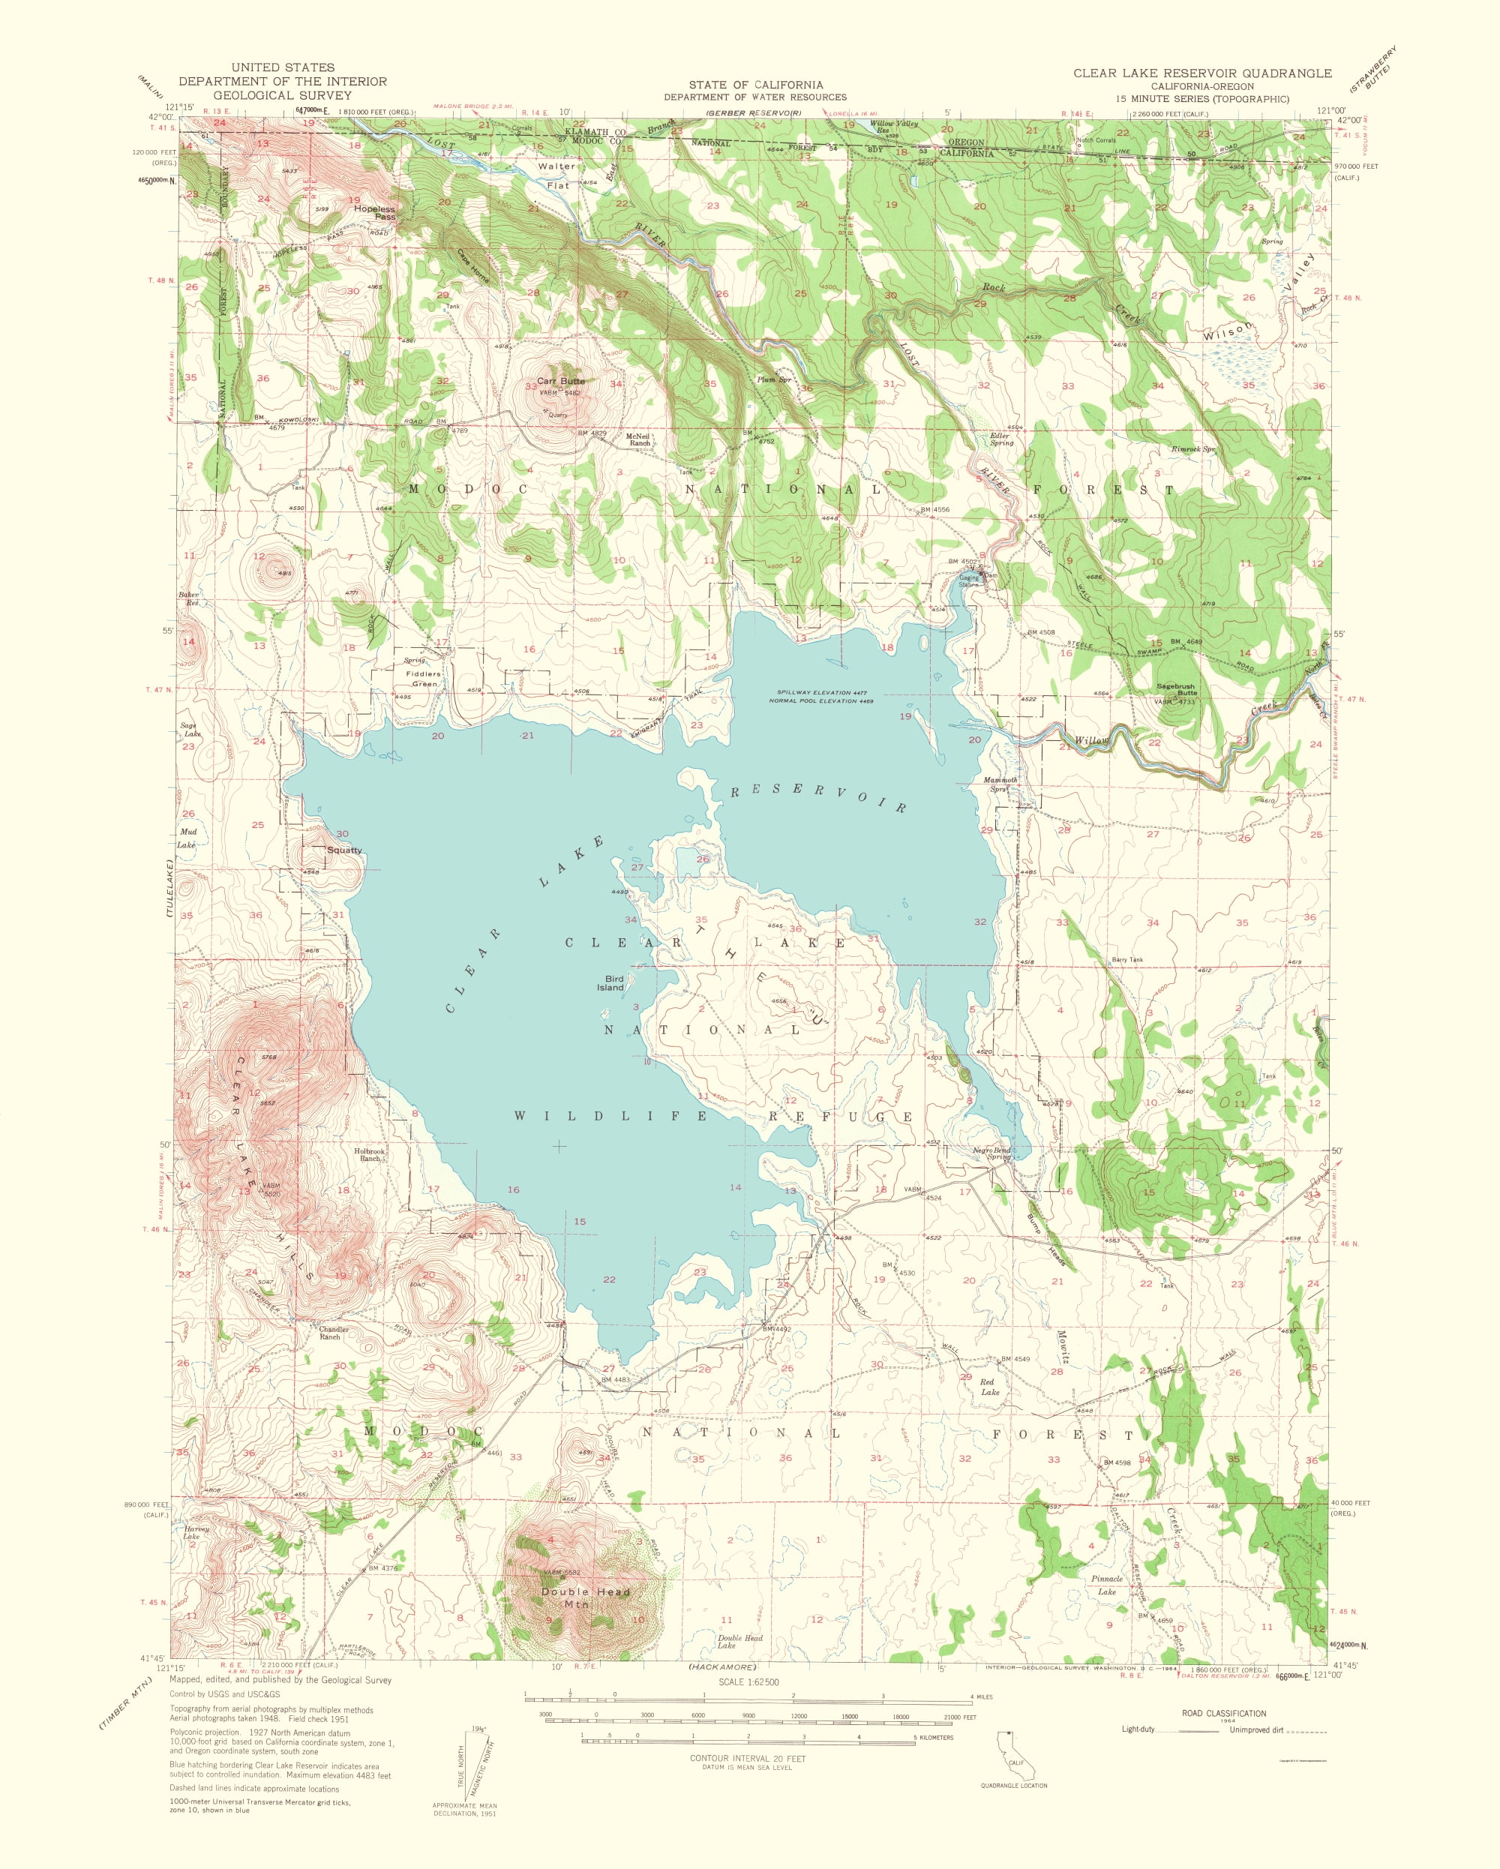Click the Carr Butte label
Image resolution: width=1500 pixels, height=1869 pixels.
[560, 380]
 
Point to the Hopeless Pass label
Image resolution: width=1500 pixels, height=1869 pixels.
[373, 212]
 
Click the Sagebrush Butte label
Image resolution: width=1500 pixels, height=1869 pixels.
[1177, 689]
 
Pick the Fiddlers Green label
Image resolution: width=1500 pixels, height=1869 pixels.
[424, 679]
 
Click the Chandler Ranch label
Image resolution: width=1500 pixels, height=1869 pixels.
[334, 1333]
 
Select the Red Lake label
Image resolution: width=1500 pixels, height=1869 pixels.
[988, 1387]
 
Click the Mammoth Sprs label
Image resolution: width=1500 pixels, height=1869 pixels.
[1000, 784]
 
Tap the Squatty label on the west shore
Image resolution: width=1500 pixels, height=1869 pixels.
[344, 850]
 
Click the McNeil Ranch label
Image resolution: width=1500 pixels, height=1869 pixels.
[638, 439]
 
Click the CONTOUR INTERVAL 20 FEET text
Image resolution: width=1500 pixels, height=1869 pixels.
[748, 1758]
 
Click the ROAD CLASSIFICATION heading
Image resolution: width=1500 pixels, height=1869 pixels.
[1223, 1713]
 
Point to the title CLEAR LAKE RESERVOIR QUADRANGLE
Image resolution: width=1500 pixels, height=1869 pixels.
[1201, 73]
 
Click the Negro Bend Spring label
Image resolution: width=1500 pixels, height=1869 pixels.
[991, 1153]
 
